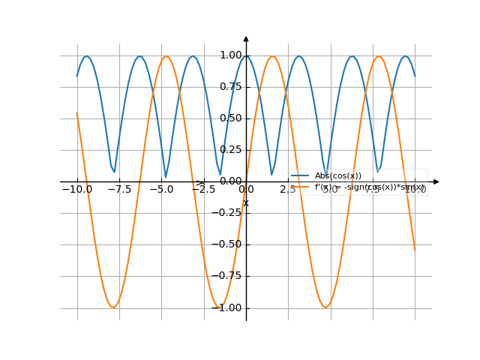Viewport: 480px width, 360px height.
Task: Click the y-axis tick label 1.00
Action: pos(231,55)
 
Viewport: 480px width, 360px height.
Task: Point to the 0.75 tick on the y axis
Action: pos(231,86)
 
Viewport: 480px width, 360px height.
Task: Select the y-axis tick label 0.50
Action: pos(231,118)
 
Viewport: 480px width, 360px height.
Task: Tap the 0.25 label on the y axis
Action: pos(231,149)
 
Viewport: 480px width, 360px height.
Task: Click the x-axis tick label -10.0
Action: pos(77,190)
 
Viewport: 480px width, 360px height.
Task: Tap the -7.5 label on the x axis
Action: pos(119,190)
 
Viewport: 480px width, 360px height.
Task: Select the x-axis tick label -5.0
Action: pos(162,190)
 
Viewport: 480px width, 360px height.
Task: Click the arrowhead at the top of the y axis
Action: pos(246,37)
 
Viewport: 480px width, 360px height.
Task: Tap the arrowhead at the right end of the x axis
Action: pos(436,181)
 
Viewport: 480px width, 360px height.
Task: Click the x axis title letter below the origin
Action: pos(246,202)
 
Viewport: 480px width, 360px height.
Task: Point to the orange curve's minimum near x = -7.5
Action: pos(113,307)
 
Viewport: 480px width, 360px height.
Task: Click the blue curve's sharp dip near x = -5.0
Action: pos(166,177)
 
